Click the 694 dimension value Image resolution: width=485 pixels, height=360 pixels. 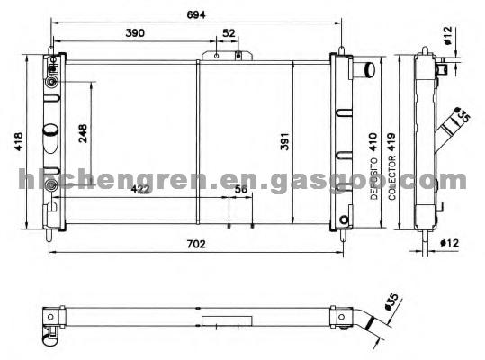pyautogui.click(x=196, y=14)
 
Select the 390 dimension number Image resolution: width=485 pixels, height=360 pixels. pyautogui.click(x=135, y=32)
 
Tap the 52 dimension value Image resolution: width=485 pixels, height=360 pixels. pyautogui.click(x=229, y=33)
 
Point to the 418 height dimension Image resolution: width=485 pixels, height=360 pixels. pyautogui.click(x=18, y=141)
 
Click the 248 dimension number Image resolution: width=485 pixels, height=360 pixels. pyautogui.click(x=83, y=133)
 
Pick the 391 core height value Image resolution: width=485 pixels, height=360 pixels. pyautogui.click(x=284, y=141)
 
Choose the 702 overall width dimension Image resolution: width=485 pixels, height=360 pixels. pyautogui.click(x=196, y=244)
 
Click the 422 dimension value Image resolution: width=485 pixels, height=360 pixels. pyautogui.click(x=140, y=189)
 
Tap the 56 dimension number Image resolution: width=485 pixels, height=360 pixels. pyautogui.click(x=241, y=189)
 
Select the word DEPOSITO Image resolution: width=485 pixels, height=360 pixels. pyautogui.click(x=374, y=179)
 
